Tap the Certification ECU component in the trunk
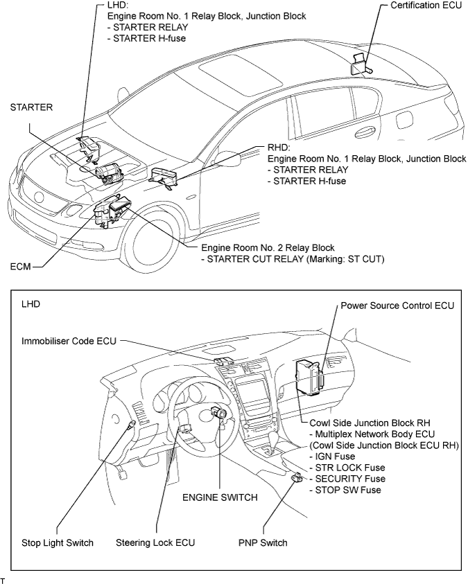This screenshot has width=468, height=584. [361, 64]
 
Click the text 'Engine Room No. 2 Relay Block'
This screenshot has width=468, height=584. [268, 247]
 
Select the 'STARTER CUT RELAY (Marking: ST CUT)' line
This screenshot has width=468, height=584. [281, 258]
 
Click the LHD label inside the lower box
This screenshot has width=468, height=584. [31, 303]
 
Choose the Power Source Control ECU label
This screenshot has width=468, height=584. [397, 306]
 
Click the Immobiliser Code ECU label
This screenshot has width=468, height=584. [68, 340]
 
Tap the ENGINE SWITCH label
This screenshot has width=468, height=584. [220, 497]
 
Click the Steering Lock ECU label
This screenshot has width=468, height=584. [155, 542]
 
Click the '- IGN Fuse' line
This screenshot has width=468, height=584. [331, 457]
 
